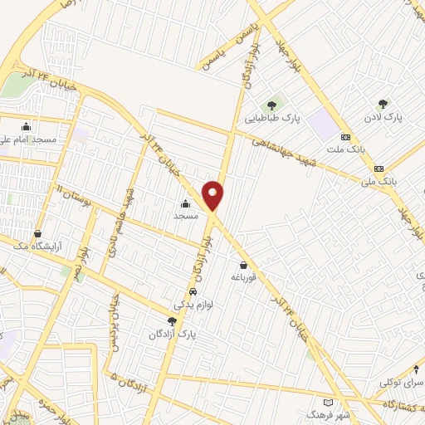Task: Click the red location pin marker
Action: [214, 196]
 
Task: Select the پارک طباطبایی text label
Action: [271, 119]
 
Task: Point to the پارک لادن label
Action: [383, 118]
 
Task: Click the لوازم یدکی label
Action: [193, 305]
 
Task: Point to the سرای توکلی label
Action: [398, 382]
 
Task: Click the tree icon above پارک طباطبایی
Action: [271, 105]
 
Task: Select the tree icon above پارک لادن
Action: [383, 104]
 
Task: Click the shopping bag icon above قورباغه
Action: [243, 265]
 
